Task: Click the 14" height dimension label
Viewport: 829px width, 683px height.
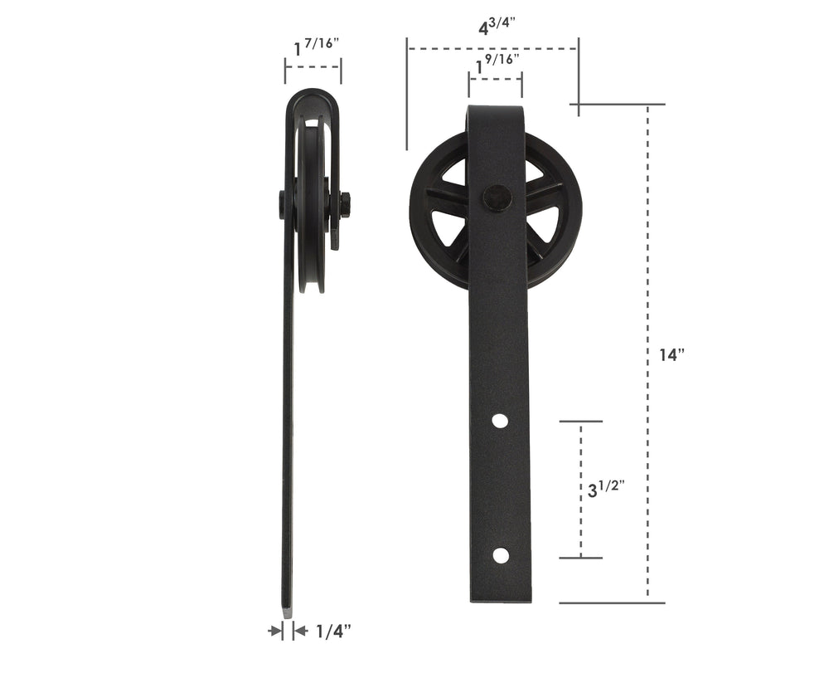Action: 671,355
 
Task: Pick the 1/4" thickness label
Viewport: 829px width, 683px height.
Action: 334,632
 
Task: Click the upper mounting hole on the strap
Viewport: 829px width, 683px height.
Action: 499,421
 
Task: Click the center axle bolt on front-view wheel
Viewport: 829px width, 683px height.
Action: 495,198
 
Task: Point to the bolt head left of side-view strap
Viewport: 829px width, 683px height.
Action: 282,204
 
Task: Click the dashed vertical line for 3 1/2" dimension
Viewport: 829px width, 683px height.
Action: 580,523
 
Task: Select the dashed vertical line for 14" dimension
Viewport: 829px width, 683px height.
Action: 647,249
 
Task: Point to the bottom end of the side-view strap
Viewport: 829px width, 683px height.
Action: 288,610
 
